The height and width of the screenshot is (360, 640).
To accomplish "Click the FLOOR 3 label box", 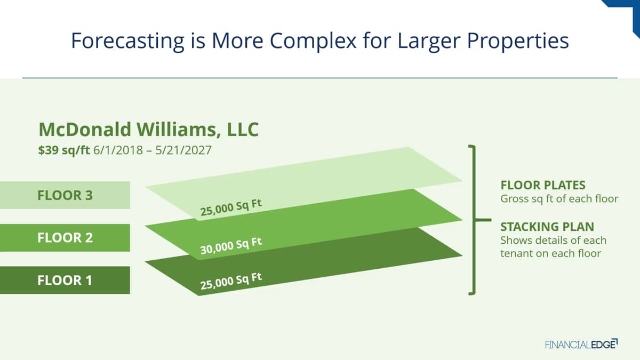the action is (x=65, y=195).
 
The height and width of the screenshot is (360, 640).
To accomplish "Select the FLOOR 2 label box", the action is (x=65, y=238).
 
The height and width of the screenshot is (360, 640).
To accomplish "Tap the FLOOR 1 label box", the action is (x=65, y=280).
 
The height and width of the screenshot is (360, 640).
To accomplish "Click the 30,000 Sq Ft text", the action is (x=231, y=246).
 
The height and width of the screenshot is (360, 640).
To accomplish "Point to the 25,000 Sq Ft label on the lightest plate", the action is (x=231, y=207).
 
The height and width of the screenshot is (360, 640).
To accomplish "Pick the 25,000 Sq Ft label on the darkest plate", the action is (x=231, y=281).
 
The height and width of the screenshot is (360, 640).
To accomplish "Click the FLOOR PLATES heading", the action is (x=543, y=185).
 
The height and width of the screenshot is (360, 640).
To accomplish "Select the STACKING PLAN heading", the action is (x=547, y=227).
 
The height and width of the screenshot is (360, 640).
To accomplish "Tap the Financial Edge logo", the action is (x=581, y=344).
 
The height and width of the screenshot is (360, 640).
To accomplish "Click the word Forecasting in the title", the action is (x=127, y=41).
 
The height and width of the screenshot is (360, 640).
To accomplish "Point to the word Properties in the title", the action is (x=518, y=41).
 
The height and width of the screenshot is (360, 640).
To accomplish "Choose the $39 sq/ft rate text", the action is (x=64, y=150).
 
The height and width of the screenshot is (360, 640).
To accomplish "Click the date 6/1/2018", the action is (x=118, y=150).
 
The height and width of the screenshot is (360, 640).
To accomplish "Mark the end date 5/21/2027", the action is (x=183, y=150).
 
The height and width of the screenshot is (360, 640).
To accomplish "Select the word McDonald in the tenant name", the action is (x=85, y=130).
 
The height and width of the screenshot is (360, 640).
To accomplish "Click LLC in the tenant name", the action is (x=243, y=130).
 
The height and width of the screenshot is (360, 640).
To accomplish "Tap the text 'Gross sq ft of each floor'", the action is (x=559, y=198).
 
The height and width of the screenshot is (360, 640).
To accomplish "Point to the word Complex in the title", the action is (x=313, y=41).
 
